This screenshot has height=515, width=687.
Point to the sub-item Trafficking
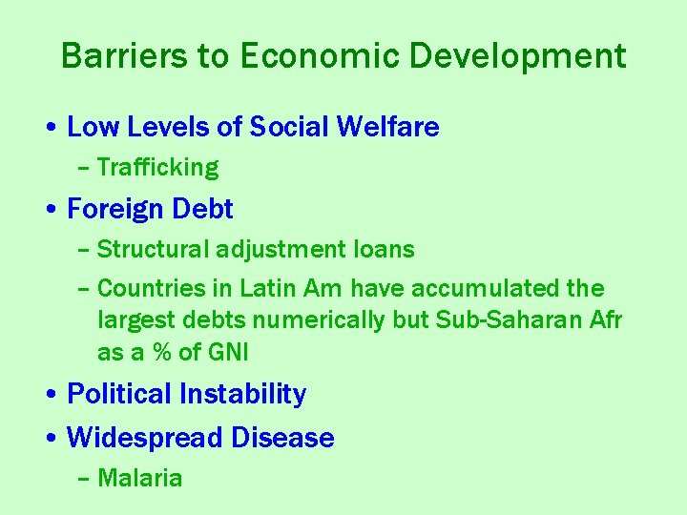pos(157,168)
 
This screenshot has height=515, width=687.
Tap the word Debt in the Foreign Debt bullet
pos(203,209)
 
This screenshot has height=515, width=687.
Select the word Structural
pos(153,250)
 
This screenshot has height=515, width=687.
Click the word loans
pos(384,250)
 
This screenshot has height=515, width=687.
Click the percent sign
pos(161,353)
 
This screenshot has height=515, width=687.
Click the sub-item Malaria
pos(139,478)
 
